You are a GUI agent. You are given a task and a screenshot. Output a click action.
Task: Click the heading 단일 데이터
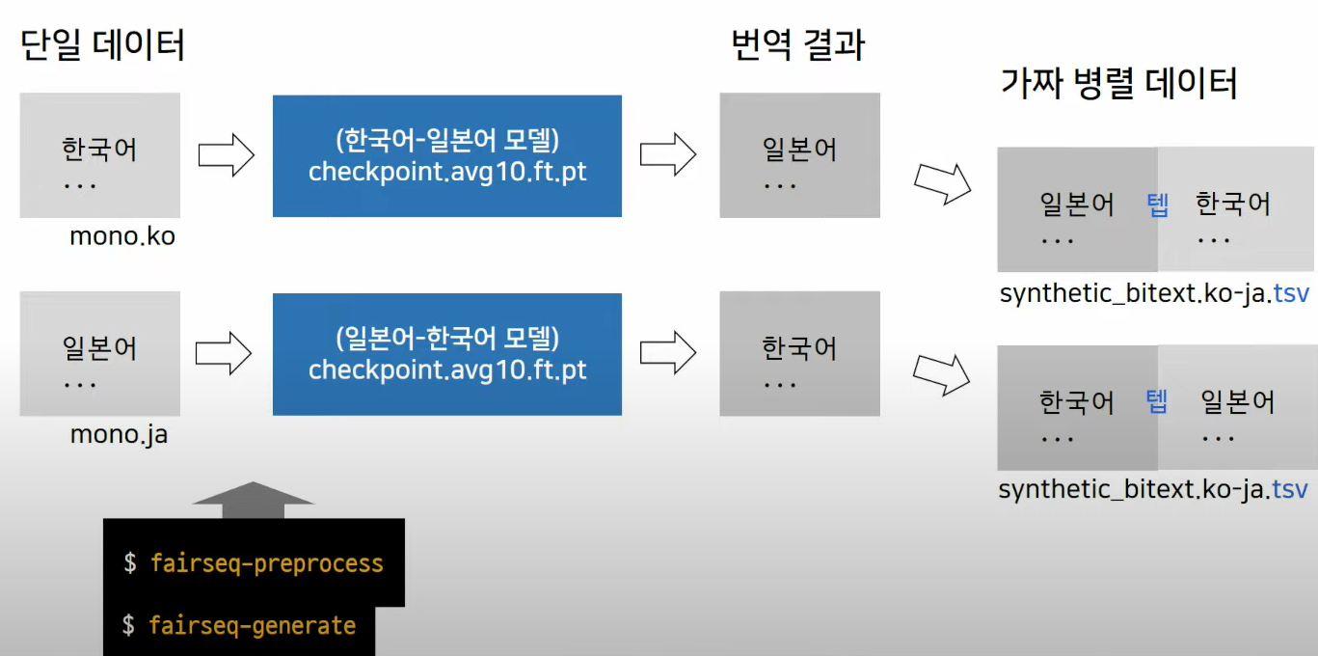pos(102,45)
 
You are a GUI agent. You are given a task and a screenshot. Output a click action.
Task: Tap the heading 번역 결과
pos(797,45)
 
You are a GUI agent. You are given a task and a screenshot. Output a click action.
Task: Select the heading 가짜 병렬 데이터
pos(1118,84)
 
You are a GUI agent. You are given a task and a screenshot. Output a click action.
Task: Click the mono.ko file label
pos(122,235)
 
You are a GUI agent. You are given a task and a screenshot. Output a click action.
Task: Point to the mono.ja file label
pos(119,435)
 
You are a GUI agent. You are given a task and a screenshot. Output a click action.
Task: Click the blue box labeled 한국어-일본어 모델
pos(447,155)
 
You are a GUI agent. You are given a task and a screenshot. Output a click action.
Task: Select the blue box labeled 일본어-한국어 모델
pos(447,354)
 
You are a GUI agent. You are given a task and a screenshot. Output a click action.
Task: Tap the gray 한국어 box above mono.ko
pos(99,155)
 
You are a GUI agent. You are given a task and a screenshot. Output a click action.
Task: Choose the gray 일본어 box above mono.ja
pos(99,354)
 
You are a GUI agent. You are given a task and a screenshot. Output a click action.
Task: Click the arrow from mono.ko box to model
pos(226,154)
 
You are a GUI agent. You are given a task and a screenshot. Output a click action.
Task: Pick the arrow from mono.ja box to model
pos(224,353)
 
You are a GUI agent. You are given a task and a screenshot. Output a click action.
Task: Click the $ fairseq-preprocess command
pos(254,563)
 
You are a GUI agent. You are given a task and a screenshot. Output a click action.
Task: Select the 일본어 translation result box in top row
pos(799,155)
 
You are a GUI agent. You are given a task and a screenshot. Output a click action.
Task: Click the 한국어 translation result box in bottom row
pos(799,354)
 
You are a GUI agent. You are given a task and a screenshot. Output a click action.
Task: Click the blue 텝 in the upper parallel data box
pos(1157,205)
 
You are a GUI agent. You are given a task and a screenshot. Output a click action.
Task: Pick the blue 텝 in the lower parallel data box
pos(1157,401)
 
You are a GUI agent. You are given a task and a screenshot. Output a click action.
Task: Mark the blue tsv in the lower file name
pos(1290,490)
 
